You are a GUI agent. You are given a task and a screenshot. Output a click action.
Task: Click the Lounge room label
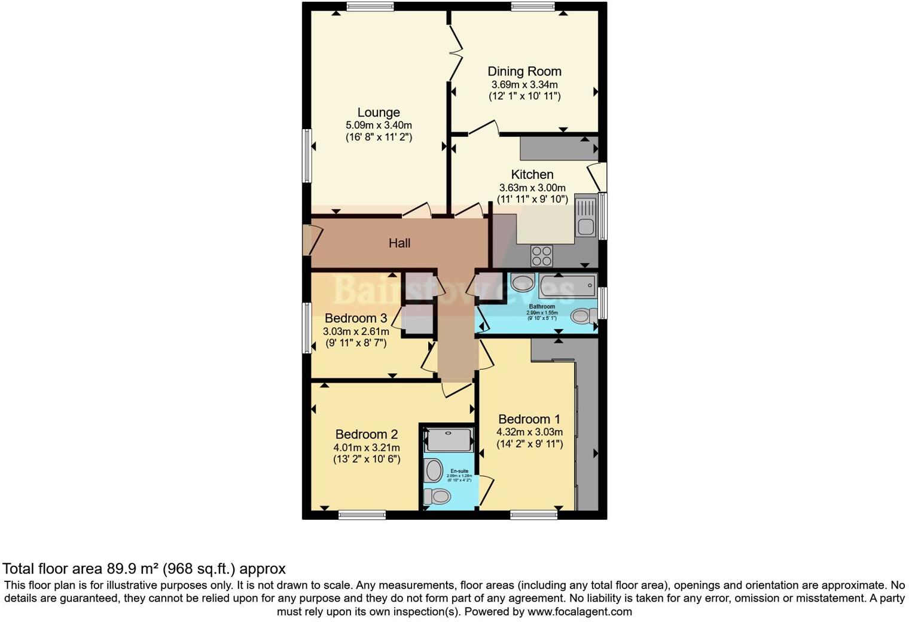[x=379, y=112]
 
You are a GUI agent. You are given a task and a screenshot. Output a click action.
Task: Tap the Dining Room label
[x=524, y=71]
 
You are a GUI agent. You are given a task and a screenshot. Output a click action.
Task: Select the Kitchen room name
[x=532, y=175]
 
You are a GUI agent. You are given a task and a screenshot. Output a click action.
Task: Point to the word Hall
[x=399, y=243]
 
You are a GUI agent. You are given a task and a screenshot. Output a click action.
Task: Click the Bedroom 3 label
[x=356, y=318]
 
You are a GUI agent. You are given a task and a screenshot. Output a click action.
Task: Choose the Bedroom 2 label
[x=367, y=434]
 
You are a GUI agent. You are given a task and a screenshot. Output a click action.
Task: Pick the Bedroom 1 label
[x=529, y=419]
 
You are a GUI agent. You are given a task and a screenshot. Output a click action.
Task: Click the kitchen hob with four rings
[x=542, y=256]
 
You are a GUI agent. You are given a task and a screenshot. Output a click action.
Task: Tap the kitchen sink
[x=585, y=217]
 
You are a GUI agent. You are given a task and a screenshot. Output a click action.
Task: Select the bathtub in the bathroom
[x=568, y=286]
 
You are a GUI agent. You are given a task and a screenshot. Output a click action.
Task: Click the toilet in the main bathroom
[x=583, y=315]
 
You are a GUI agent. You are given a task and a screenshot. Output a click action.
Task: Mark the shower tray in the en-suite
[x=449, y=440]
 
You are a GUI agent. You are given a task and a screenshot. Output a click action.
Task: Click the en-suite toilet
[x=437, y=496]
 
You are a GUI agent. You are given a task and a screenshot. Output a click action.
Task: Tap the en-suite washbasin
[x=434, y=470]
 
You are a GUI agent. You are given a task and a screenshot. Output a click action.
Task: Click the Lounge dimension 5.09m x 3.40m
[x=379, y=126]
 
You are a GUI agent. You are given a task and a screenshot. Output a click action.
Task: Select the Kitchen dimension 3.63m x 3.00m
[x=532, y=188]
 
